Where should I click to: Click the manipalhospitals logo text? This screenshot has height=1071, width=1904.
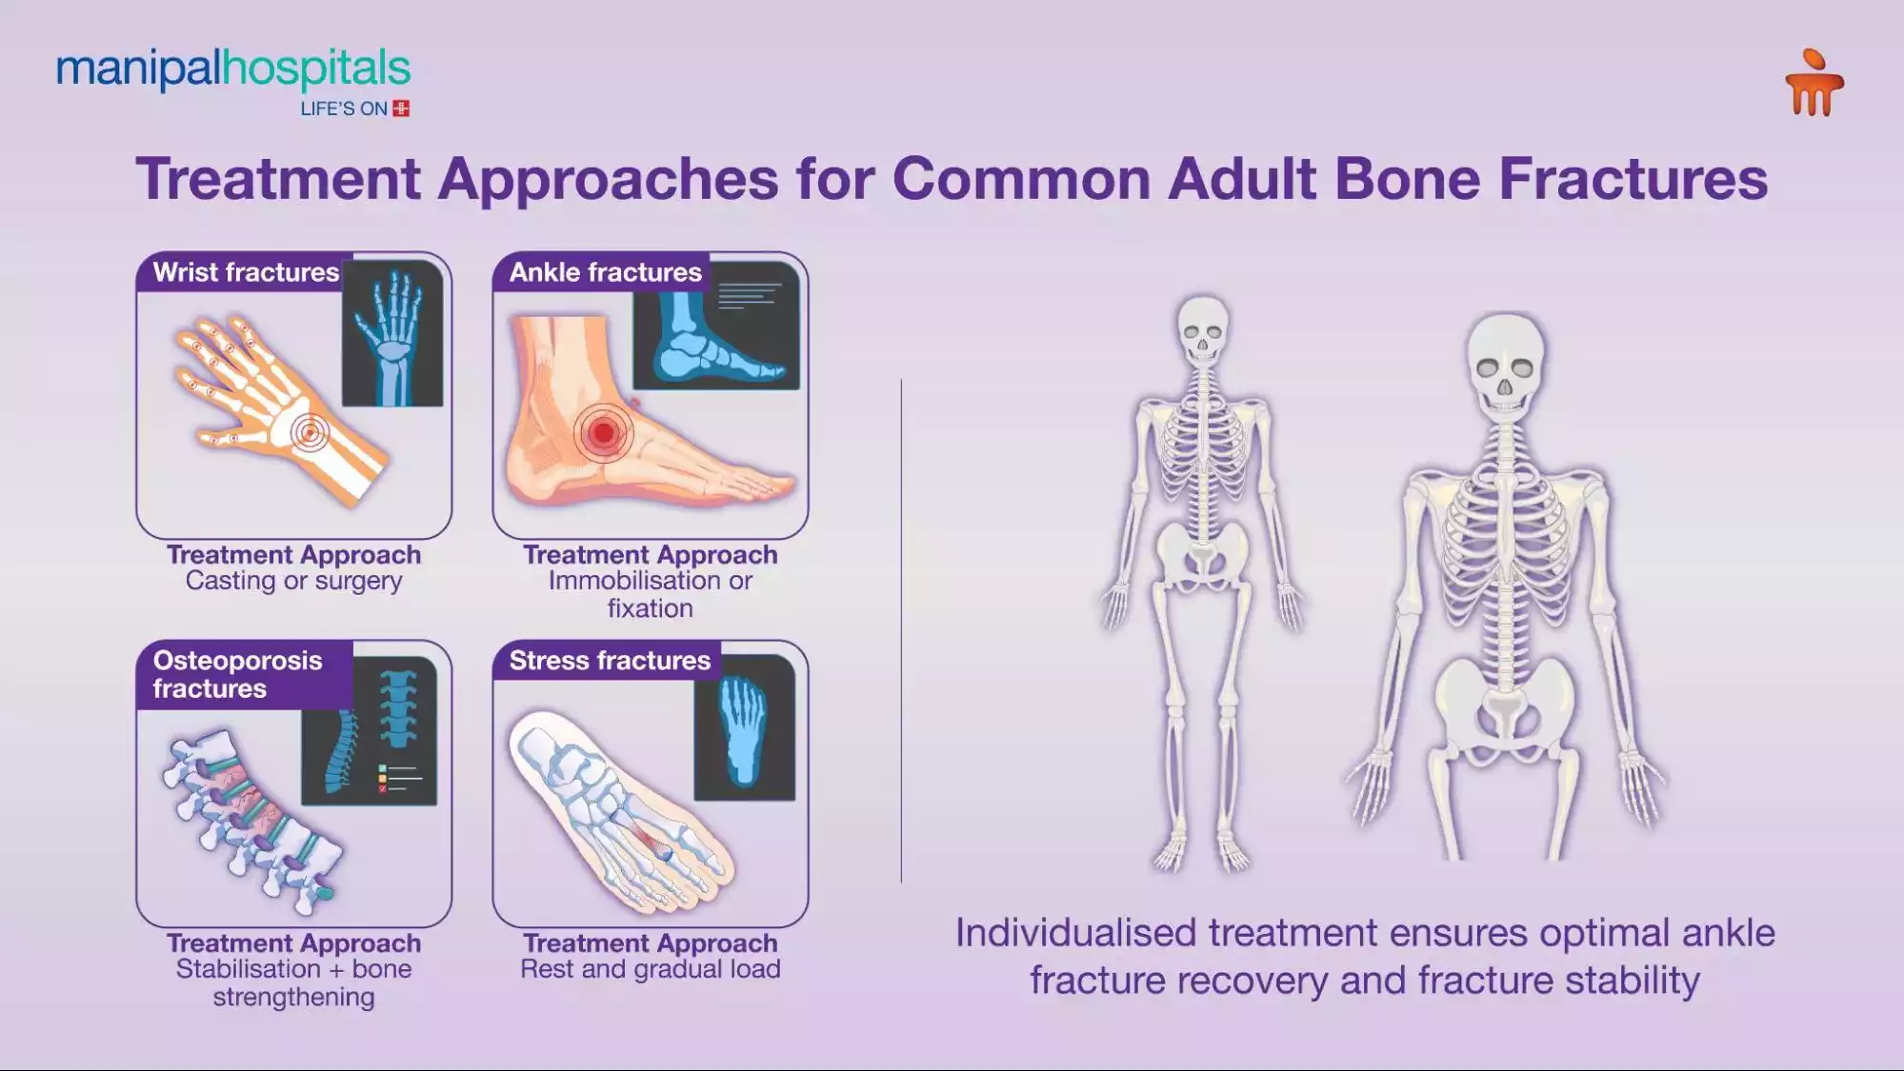pyautogui.click(x=233, y=69)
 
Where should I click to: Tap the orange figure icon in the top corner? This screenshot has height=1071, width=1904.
pyautogui.click(x=1814, y=84)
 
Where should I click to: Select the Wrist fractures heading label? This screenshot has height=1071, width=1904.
pyautogui.click(x=246, y=272)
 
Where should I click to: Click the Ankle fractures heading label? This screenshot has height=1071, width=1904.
pyautogui.click(x=605, y=272)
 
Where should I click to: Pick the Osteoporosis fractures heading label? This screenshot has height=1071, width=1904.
pyautogui.click(x=238, y=674)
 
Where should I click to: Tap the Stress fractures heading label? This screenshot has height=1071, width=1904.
pyautogui.click(x=610, y=661)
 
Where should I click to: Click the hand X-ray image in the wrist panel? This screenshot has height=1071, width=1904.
pyautogui.click(x=392, y=333)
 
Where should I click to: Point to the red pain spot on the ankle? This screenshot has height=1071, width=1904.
pyautogui.click(x=603, y=433)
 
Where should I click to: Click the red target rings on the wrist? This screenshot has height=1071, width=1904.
pyautogui.click(x=310, y=432)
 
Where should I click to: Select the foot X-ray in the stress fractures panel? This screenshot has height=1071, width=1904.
pyautogui.click(x=744, y=728)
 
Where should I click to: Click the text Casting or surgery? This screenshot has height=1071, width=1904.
pyautogui.click(x=293, y=581)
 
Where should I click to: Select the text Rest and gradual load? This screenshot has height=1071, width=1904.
pyautogui.click(x=650, y=969)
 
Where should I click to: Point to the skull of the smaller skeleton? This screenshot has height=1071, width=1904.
pyautogui.click(x=1202, y=328)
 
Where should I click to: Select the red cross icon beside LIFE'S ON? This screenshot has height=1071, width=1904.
pyautogui.click(x=401, y=109)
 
